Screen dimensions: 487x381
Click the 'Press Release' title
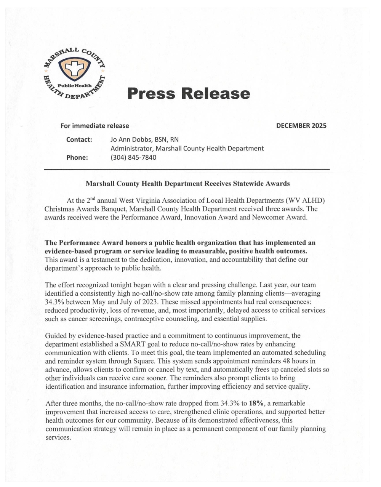[x=189, y=94]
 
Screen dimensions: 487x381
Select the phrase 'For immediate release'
[x=94, y=126]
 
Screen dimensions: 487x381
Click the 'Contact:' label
[x=79, y=139]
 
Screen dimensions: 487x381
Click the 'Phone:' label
[x=77, y=157]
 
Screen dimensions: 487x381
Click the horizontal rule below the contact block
[x=187, y=169]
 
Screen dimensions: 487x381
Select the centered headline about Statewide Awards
[x=187, y=184]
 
